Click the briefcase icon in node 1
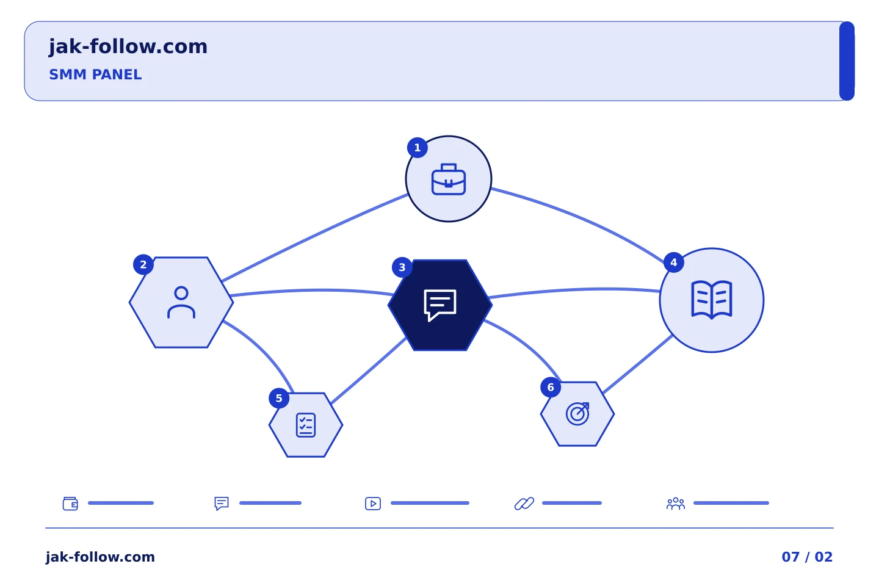(449, 179)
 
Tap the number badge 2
(143, 264)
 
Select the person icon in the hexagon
(181, 302)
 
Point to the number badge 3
(402, 267)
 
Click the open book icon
(712, 300)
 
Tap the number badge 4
(674, 262)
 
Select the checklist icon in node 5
(306, 425)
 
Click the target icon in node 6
(577, 414)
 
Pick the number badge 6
(551, 388)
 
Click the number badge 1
(417, 148)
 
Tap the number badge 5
(279, 399)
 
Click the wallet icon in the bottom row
(70, 503)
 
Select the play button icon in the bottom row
(373, 503)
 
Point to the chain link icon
(524, 503)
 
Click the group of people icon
(675, 503)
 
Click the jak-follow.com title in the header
(128, 47)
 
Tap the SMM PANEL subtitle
(95, 74)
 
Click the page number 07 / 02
(807, 557)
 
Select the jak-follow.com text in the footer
(100, 557)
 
